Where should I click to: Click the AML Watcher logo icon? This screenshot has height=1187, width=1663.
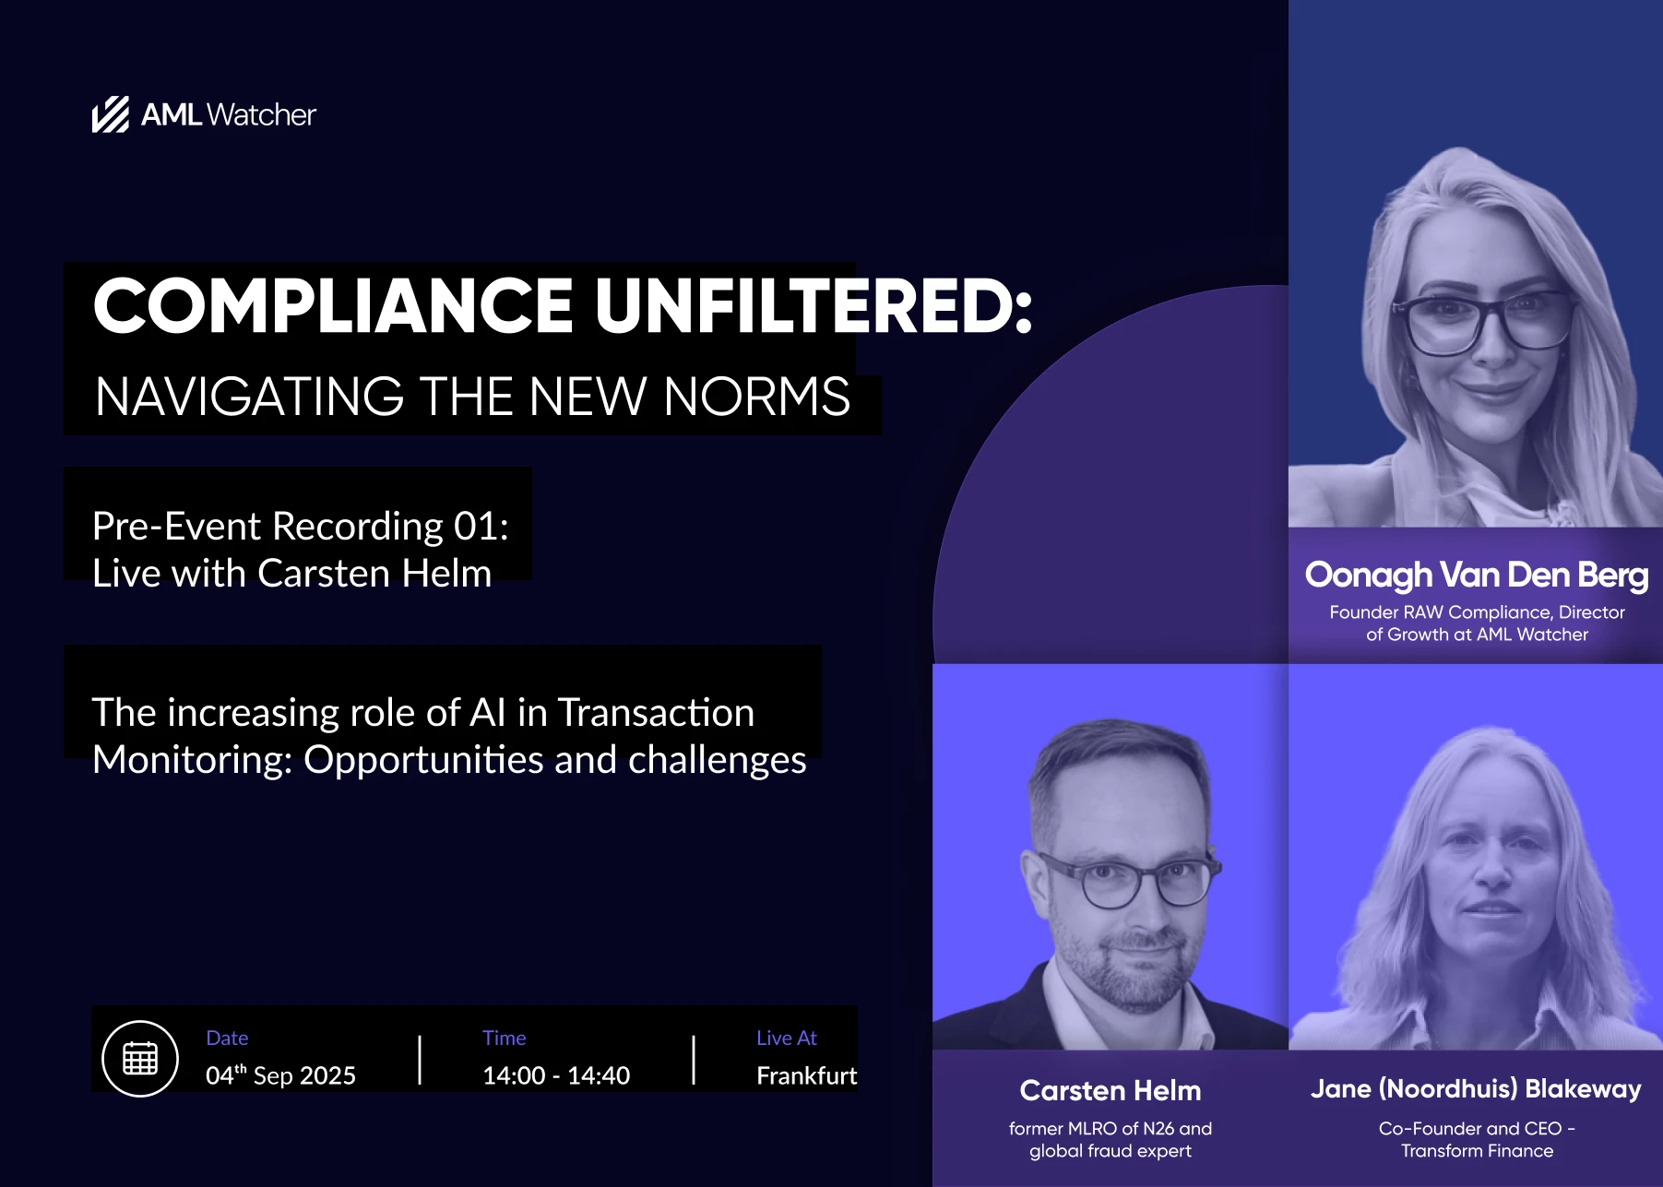pyautogui.click(x=111, y=114)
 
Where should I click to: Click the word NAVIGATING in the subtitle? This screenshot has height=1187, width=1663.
pyautogui.click(x=250, y=397)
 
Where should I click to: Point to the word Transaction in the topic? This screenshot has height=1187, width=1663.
pyautogui.click(x=656, y=712)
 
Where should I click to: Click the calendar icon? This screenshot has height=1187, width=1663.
pyautogui.click(x=140, y=1058)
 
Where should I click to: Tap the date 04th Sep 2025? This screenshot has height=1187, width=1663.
pyautogui.click(x=280, y=1074)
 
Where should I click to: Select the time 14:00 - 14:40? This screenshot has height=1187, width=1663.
pyautogui.click(x=556, y=1075)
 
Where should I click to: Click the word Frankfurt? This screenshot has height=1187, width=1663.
pyautogui.click(x=806, y=1075)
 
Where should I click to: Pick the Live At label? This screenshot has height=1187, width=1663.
pyautogui.click(x=787, y=1038)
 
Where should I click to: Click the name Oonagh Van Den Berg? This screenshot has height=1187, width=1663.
pyautogui.click(x=1477, y=575)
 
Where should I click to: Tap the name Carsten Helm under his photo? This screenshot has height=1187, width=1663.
pyautogui.click(x=1111, y=1090)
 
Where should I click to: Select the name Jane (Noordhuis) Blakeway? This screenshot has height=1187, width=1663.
pyautogui.click(x=1476, y=1089)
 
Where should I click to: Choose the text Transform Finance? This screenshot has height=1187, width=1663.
pyautogui.click(x=1477, y=1151)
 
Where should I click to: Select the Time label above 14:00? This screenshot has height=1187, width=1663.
pyautogui.click(x=505, y=1038)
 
